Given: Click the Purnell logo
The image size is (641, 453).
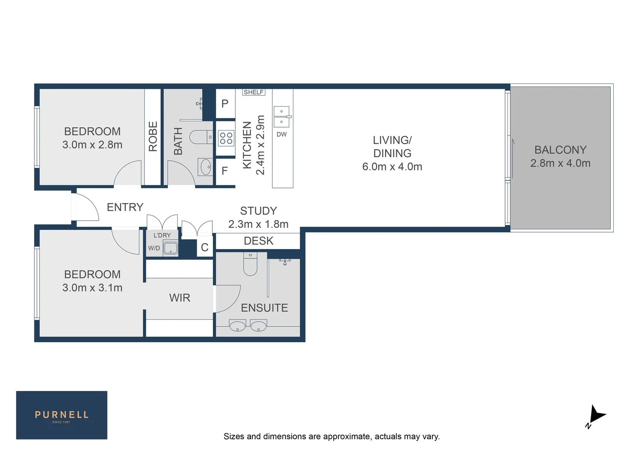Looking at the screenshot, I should (x=62, y=415).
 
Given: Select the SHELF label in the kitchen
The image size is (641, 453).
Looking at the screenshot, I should (x=254, y=92).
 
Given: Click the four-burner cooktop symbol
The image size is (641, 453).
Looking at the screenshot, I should (x=226, y=138).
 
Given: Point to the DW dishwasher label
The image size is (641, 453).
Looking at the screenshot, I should (x=282, y=135).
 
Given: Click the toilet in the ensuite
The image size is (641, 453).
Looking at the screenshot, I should (x=250, y=264).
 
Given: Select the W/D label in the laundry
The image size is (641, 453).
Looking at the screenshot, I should (x=154, y=248).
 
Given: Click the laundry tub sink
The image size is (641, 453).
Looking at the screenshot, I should (x=170, y=248).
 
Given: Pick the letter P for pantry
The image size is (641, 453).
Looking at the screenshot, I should (x=225, y=104).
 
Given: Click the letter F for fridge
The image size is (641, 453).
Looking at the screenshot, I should (x=225, y=171).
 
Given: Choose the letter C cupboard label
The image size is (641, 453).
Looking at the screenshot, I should (x=204, y=247).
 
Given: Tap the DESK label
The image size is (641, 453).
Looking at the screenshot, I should (x=259, y=241).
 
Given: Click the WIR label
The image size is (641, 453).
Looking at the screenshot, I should (x=180, y=298).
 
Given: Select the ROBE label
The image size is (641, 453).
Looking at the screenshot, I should (x=153, y=137).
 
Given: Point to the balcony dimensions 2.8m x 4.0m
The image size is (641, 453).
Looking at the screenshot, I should (x=560, y=164).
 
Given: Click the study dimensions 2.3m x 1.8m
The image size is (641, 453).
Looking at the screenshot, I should (x=258, y=224).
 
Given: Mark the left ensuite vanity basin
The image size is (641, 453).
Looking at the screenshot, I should (x=237, y=326).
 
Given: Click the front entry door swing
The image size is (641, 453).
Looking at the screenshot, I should (x=87, y=208).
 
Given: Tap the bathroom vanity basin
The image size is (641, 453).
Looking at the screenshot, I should (x=206, y=167).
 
